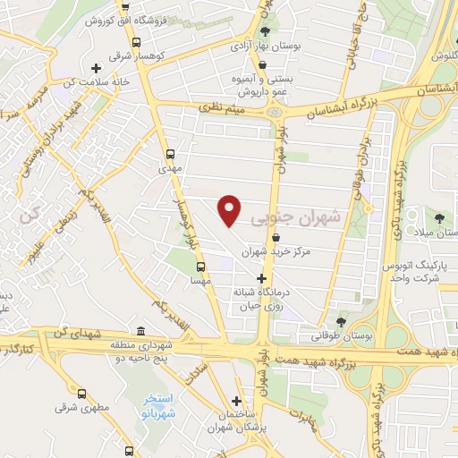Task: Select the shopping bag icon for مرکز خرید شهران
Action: (x=276, y=237)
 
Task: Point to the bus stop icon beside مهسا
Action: (x=200, y=266)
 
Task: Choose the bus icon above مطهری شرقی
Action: (x=81, y=394)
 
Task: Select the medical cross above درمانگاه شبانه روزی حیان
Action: (x=260, y=279)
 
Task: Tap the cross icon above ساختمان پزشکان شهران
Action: (x=236, y=401)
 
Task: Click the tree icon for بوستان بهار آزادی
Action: (x=264, y=32)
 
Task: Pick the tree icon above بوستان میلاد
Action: (x=438, y=217)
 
